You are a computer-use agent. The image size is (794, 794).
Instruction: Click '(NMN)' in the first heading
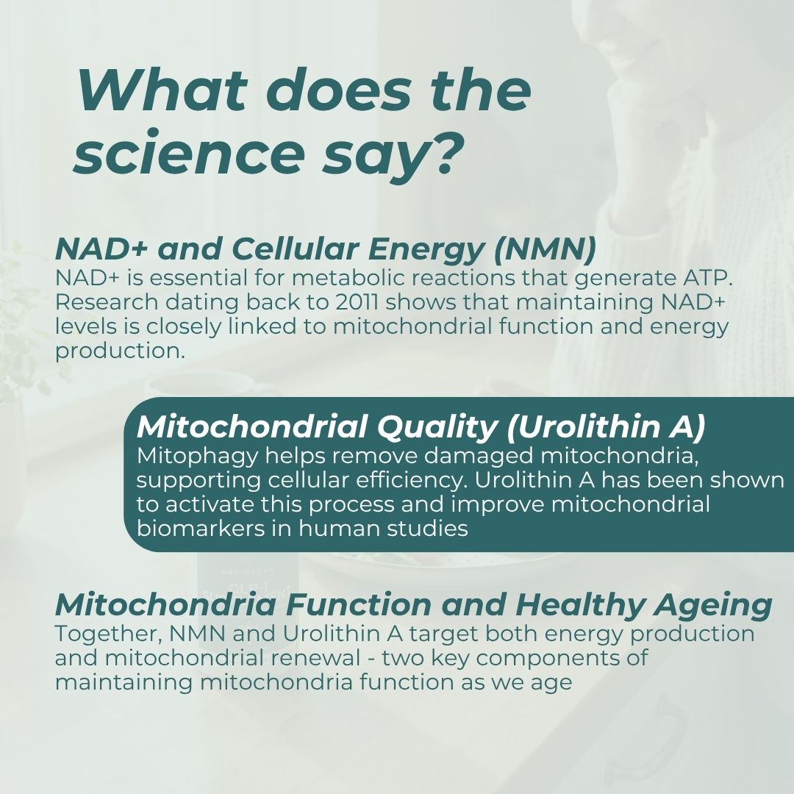pyautogui.click(x=545, y=250)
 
